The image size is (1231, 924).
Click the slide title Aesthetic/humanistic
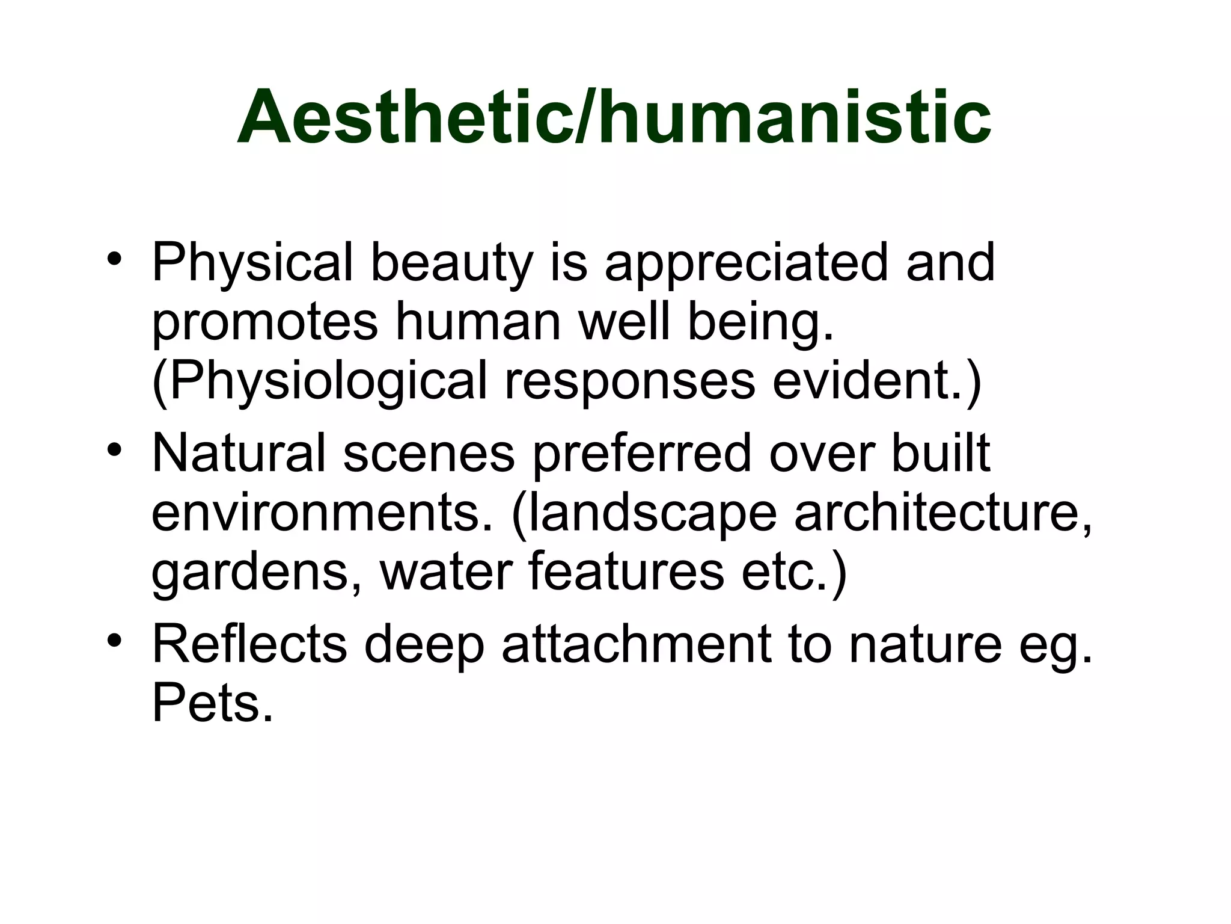tap(614, 117)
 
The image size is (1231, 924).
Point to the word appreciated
tap(746, 263)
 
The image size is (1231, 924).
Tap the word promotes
tap(264, 322)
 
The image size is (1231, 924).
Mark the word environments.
tap(322, 513)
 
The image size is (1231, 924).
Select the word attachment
tap(637, 644)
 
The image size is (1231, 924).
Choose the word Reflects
tap(249, 644)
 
